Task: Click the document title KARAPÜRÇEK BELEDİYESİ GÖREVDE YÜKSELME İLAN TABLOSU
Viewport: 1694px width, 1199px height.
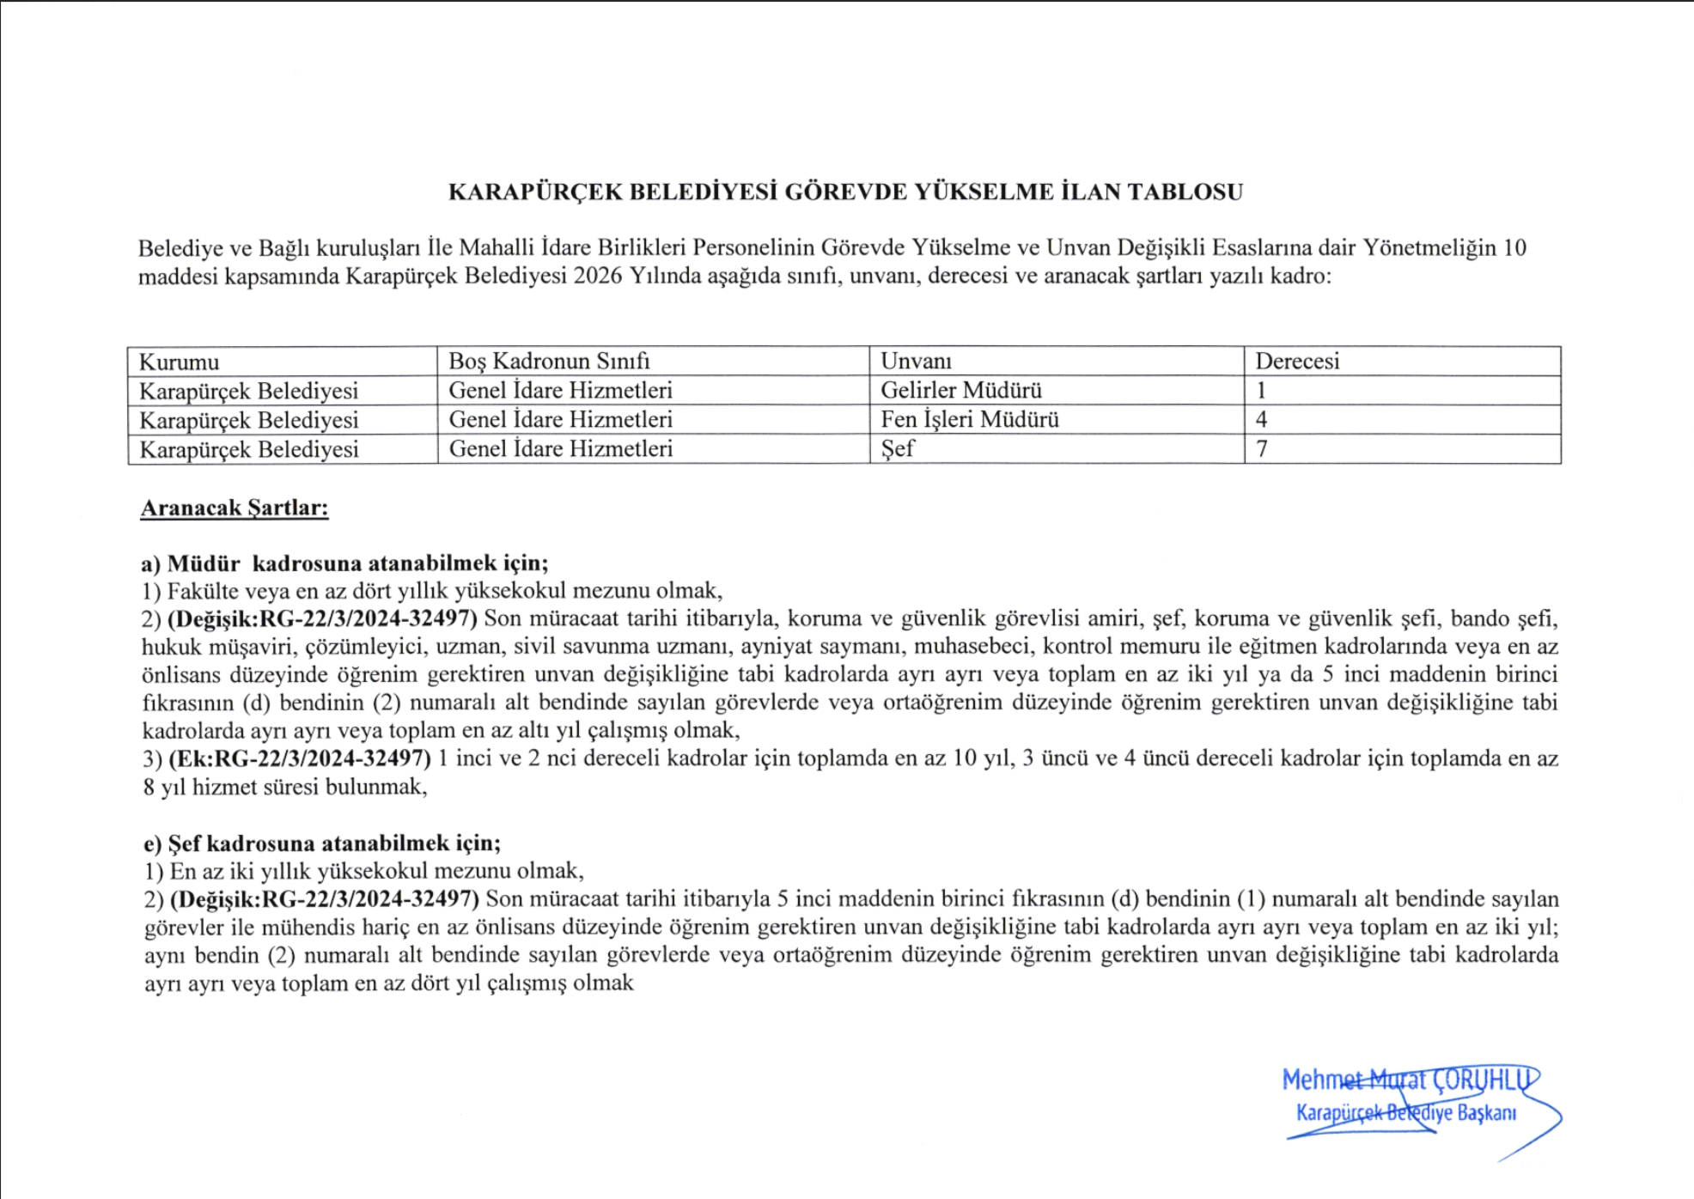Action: pyautogui.click(x=845, y=192)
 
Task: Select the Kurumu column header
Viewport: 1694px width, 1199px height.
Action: pyautogui.click(x=179, y=362)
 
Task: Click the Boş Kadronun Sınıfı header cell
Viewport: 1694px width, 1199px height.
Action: pyautogui.click(x=549, y=361)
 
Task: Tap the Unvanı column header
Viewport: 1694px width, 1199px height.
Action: pyautogui.click(x=916, y=361)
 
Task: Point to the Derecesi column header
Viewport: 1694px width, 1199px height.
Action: pyautogui.click(x=1297, y=361)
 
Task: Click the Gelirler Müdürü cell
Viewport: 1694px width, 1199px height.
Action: pyautogui.click(x=960, y=391)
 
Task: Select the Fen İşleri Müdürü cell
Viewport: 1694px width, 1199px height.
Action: pyautogui.click(x=969, y=420)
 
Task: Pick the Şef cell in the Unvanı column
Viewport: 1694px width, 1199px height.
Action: pyautogui.click(x=897, y=449)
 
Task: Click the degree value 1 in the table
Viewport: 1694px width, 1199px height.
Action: pyautogui.click(x=1261, y=391)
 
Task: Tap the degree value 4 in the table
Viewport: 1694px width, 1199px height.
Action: pyautogui.click(x=1261, y=420)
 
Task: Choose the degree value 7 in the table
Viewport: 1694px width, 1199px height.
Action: pyautogui.click(x=1261, y=449)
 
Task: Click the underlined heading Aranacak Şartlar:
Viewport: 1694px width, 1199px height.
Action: pyautogui.click(x=235, y=508)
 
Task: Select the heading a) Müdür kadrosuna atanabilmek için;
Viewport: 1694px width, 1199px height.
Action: pyautogui.click(x=344, y=563)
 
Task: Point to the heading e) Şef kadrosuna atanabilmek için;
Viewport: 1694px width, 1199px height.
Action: pyautogui.click(x=322, y=843)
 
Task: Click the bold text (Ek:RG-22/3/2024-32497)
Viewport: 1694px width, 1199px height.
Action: pyautogui.click(x=300, y=758)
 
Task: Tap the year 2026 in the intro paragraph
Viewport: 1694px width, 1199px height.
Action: pyautogui.click(x=598, y=277)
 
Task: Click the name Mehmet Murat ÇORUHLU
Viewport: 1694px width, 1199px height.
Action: pyautogui.click(x=1408, y=1080)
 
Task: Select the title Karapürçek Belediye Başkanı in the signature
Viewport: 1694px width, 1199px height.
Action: pyautogui.click(x=1405, y=1113)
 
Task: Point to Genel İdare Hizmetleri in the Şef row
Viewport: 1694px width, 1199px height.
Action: pyautogui.click(x=560, y=449)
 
